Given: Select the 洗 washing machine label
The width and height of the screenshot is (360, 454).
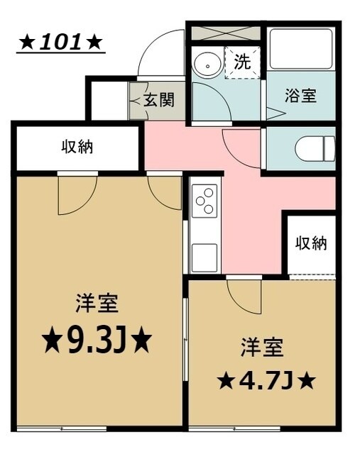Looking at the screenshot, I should (x=242, y=62).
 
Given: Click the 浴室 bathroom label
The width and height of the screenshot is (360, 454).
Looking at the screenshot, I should (x=300, y=96).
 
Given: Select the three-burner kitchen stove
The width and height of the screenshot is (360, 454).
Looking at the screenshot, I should (x=204, y=199).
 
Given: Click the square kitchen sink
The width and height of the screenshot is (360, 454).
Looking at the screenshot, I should (x=204, y=254).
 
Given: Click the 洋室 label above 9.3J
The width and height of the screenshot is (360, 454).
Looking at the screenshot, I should (x=97, y=304).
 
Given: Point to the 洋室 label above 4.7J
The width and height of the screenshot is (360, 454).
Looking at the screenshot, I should (x=261, y=347).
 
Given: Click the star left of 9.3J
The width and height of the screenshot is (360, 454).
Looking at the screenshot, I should (x=51, y=343).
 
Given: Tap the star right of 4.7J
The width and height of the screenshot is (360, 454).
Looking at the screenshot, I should (x=307, y=381).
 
